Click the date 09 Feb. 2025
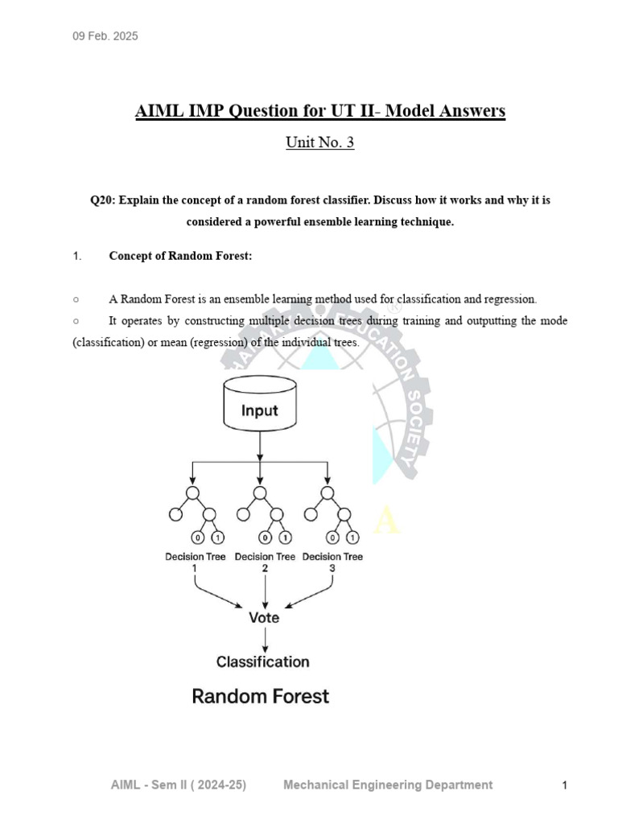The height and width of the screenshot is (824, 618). [105, 36]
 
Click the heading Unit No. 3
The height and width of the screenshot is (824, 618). [319, 142]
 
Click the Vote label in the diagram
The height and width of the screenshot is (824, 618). [264, 617]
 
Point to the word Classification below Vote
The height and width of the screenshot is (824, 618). [262, 661]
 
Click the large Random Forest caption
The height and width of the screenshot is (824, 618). [260, 696]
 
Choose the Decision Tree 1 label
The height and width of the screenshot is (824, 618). [195, 562]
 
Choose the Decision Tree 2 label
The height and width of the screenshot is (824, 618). [265, 562]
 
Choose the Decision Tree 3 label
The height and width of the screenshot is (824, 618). [332, 562]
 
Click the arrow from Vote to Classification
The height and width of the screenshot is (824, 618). [265, 640]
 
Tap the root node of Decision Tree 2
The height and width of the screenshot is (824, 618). [260, 492]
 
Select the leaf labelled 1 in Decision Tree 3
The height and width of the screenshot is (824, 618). [350, 538]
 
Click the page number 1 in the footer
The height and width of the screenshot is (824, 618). [565, 785]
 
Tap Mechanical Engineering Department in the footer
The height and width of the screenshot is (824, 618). [388, 785]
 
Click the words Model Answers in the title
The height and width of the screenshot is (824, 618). [445, 110]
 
